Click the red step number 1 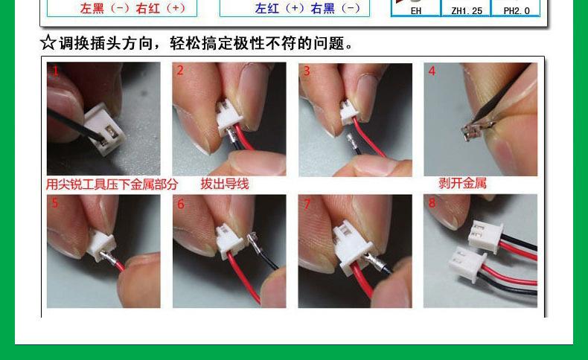pos(54,71)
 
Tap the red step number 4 pos(432,71)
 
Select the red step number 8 pos(432,203)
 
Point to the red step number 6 pos(180,204)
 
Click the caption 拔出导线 pos(224,184)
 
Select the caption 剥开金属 pos(462,183)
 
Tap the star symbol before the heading pos(48,42)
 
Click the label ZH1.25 pos(466,10)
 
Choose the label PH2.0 pos(516,10)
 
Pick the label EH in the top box pos(415,10)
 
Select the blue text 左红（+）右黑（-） pos(307,8)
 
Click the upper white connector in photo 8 pos(485,236)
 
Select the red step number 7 pos(306,204)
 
